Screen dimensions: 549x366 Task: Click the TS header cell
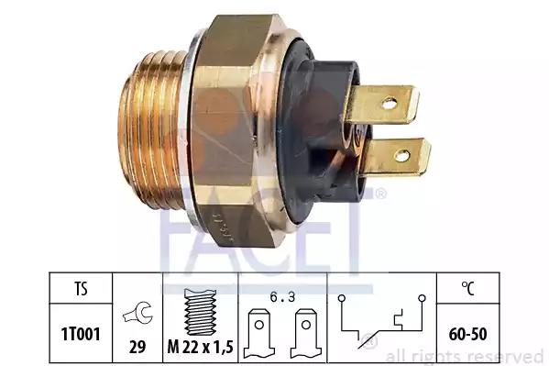click(x=81, y=289)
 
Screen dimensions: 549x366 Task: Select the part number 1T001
click(x=81, y=334)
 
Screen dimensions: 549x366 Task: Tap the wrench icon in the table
click(x=138, y=313)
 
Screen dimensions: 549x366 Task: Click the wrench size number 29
click(x=137, y=347)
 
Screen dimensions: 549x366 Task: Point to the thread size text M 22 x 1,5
click(x=201, y=347)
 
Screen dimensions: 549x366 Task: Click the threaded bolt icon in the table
click(x=200, y=312)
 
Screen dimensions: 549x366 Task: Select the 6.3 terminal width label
click(x=282, y=297)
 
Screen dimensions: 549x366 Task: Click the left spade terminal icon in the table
click(x=259, y=333)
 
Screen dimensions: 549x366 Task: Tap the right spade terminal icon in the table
click(x=305, y=333)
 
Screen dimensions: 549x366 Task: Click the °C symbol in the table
click(x=467, y=288)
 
